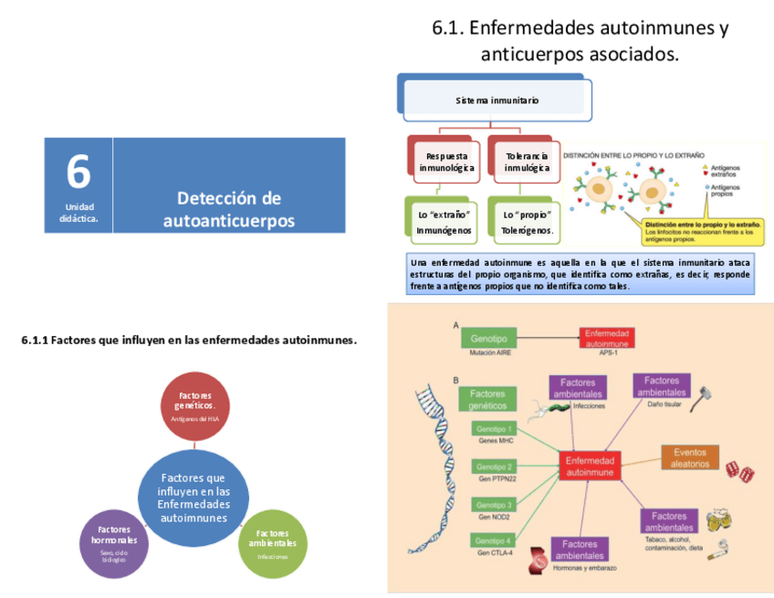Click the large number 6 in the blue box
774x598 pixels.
tap(78, 172)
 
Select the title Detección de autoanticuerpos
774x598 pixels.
tap(229, 209)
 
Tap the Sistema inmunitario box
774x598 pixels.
tap(497, 100)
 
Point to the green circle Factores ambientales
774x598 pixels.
tap(272, 542)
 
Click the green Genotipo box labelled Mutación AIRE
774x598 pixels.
tap(488, 336)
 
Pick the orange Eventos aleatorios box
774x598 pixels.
tap(690, 457)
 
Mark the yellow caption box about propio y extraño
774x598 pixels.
tap(704, 232)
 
